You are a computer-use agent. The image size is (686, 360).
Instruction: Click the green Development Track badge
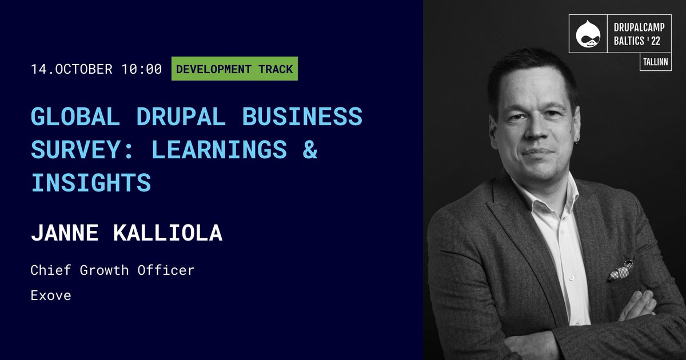coord(234,70)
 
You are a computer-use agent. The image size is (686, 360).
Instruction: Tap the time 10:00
coord(142,70)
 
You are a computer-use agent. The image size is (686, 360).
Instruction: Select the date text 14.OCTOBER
coord(71,70)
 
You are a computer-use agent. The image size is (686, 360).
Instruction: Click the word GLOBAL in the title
coord(75,117)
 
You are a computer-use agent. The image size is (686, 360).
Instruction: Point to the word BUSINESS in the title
coord(302,117)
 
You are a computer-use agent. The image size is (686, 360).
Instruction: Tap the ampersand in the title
coord(310,150)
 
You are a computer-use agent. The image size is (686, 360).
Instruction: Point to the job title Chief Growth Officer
coord(113,270)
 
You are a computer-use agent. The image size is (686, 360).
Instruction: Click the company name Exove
coord(51,296)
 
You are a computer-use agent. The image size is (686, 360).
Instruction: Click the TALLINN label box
coord(655,62)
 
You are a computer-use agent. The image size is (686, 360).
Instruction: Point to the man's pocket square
coord(621,270)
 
